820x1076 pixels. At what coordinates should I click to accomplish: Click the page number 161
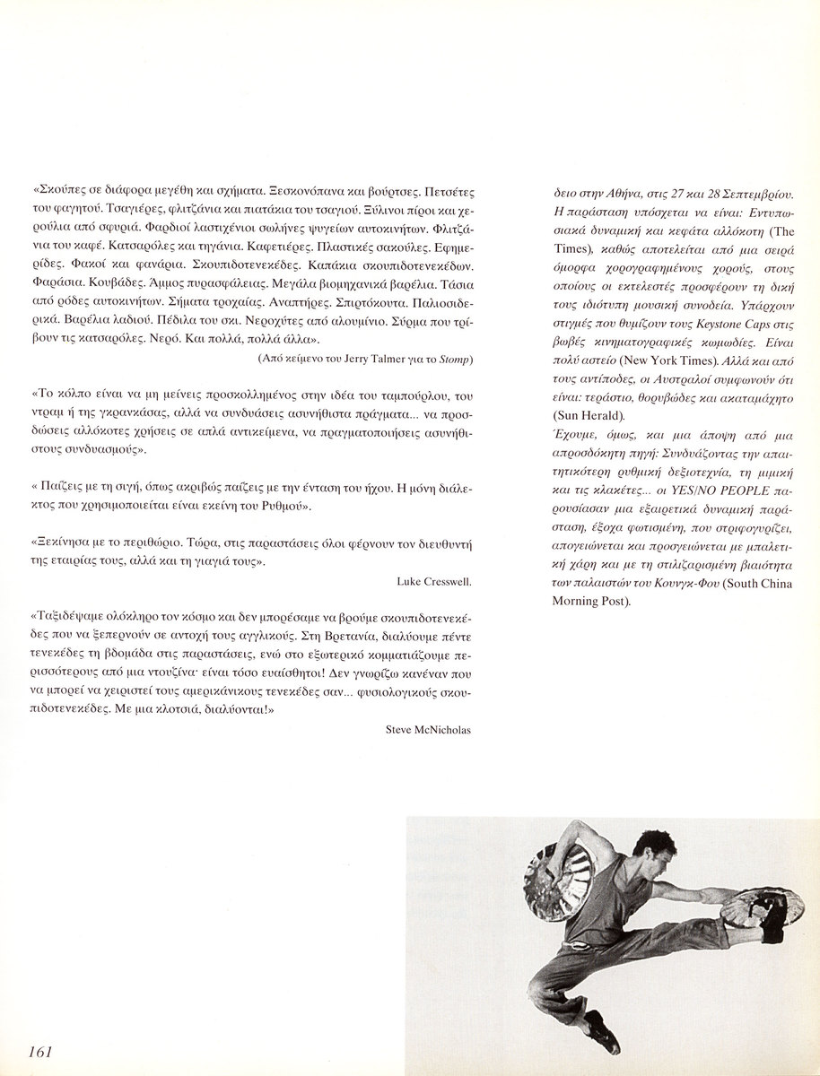click(43, 1051)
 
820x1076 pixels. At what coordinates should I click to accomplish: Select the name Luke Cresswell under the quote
click(434, 581)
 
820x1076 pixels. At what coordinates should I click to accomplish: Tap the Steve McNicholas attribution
click(428, 729)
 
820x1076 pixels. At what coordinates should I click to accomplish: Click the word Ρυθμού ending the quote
click(284, 507)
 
